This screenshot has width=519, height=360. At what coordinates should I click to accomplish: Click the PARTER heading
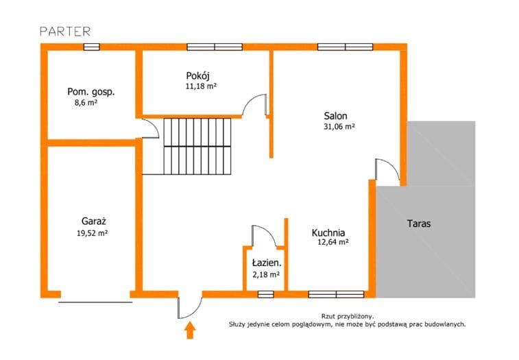click(65, 32)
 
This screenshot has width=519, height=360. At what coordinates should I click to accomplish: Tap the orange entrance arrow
click(190, 331)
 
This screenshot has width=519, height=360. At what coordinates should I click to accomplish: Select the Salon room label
click(335, 116)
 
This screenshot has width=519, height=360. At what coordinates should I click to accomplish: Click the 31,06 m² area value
click(339, 126)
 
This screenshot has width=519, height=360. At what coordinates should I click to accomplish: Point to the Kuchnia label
click(328, 233)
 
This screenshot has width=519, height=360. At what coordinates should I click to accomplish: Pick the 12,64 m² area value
click(333, 242)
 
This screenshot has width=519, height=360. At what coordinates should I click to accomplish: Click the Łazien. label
click(267, 263)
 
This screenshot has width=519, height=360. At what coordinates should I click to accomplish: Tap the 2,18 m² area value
click(266, 274)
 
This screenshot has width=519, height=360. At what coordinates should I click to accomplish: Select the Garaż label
click(94, 221)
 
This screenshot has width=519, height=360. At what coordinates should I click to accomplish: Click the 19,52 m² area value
click(93, 233)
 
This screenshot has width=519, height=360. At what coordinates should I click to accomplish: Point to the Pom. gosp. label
click(91, 92)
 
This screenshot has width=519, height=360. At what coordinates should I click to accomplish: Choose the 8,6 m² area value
click(86, 102)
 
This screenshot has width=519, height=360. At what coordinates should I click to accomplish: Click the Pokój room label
click(198, 76)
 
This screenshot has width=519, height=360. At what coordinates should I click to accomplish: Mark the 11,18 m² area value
click(201, 86)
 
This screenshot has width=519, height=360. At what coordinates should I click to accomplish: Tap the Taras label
click(419, 224)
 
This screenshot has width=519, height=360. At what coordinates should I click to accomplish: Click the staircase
click(197, 146)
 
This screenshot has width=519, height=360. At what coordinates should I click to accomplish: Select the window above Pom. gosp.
click(91, 47)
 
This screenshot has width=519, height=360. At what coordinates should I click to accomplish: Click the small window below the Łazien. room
click(266, 294)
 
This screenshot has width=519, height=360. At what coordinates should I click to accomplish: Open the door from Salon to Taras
click(387, 172)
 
